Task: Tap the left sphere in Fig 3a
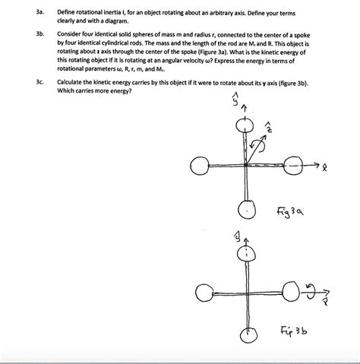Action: click(x=201, y=165)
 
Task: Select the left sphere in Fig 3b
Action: click(x=203, y=289)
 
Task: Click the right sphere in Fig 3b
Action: click(x=291, y=289)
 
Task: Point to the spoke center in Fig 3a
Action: click(x=245, y=165)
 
